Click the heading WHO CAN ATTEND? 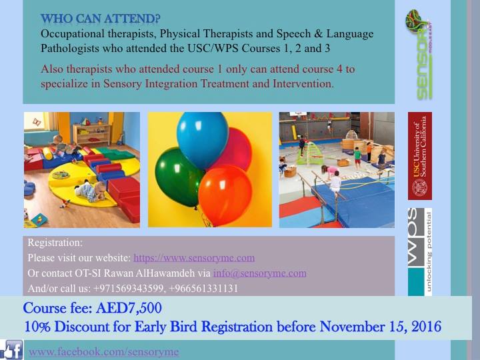point(101,19)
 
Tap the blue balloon point(203,139)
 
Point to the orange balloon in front point(225,195)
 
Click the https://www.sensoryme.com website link point(194,258)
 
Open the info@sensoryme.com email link point(259,273)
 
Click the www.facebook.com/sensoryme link point(104,352)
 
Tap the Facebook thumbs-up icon point(11,349)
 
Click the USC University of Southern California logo point(420,156)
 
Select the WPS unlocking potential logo point(420,252)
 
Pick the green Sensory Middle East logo point(419,55)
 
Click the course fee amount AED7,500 point(129,308)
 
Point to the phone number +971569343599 point(128,289)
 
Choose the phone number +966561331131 point(203,289)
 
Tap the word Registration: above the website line point(55,243)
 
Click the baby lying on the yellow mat point(91,191)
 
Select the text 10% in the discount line point(37,327)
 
